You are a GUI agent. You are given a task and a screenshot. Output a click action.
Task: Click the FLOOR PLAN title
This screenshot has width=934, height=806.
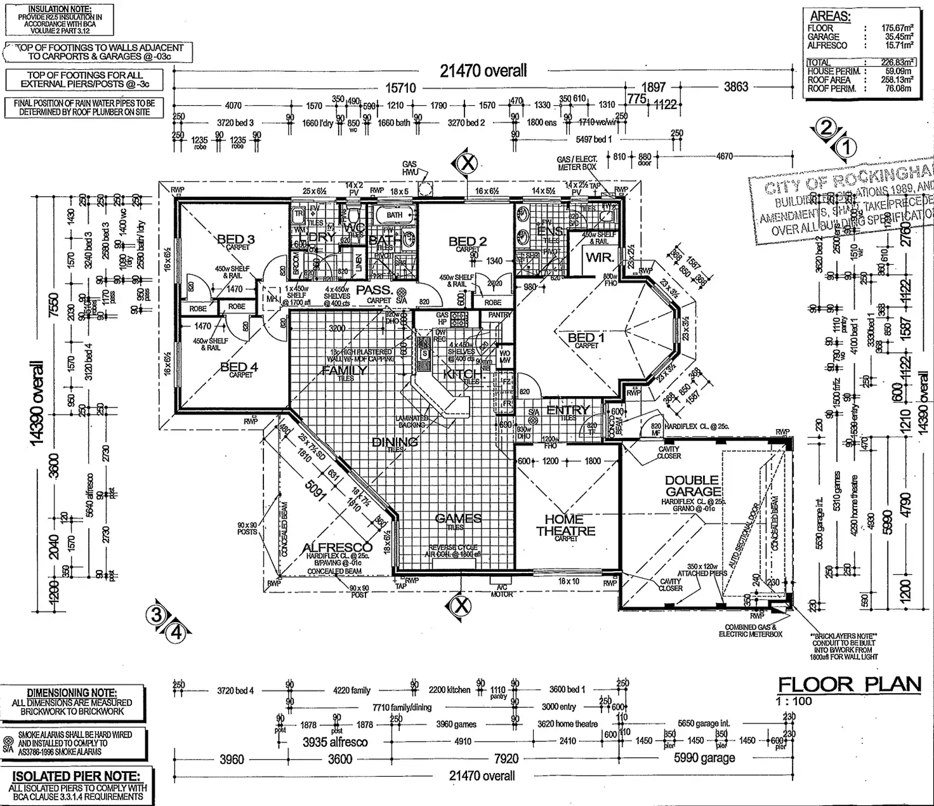pos(849,684)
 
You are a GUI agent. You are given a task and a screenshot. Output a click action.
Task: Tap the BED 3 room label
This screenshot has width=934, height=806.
pos(235,239)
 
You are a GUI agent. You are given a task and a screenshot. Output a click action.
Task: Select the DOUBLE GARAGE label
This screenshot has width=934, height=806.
pos(693,486)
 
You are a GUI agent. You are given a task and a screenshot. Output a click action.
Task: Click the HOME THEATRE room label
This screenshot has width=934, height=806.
pos(565,525)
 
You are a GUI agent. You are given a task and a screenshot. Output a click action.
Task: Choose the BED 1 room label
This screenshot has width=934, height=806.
pos(586,338)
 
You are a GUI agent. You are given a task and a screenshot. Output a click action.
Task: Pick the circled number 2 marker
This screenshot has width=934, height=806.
pos(825,128)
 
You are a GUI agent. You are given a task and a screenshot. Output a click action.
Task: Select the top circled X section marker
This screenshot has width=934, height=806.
pos(467,164)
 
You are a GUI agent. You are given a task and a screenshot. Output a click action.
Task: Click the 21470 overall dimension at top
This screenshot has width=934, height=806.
pos(483,71)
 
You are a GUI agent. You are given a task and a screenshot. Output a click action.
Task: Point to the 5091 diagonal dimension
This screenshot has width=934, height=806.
pos(315,489)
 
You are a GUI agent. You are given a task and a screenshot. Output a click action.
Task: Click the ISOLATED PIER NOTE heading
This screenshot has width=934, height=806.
pos(76,776)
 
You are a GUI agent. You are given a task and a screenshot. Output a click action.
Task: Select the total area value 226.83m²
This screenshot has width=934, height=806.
pos(897,62)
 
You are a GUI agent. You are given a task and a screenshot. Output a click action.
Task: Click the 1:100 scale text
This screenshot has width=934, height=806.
pos(793,701)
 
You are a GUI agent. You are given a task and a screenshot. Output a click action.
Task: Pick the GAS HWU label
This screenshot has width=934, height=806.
pos(409,168)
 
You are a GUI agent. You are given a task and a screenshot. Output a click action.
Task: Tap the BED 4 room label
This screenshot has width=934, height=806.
pos(239,367)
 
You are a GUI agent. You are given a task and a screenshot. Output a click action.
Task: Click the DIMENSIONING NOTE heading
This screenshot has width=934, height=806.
pos(72,693)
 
